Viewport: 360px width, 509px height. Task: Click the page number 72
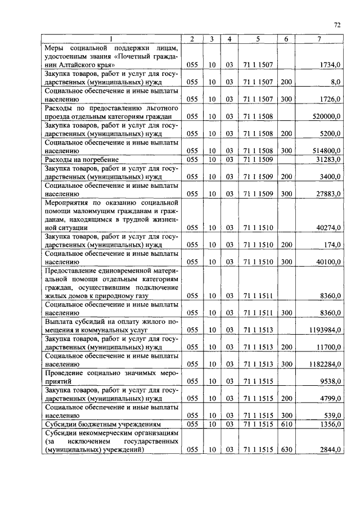(x=337, y=24)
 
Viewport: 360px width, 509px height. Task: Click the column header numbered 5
(x=258, y=39)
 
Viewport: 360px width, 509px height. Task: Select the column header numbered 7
(x=319, y=39)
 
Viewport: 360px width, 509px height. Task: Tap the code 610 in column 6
(x=286, y=424)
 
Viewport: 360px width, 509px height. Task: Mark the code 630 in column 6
(x=286, y=450)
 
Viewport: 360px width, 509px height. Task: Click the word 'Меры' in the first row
(x=56, y=48)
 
